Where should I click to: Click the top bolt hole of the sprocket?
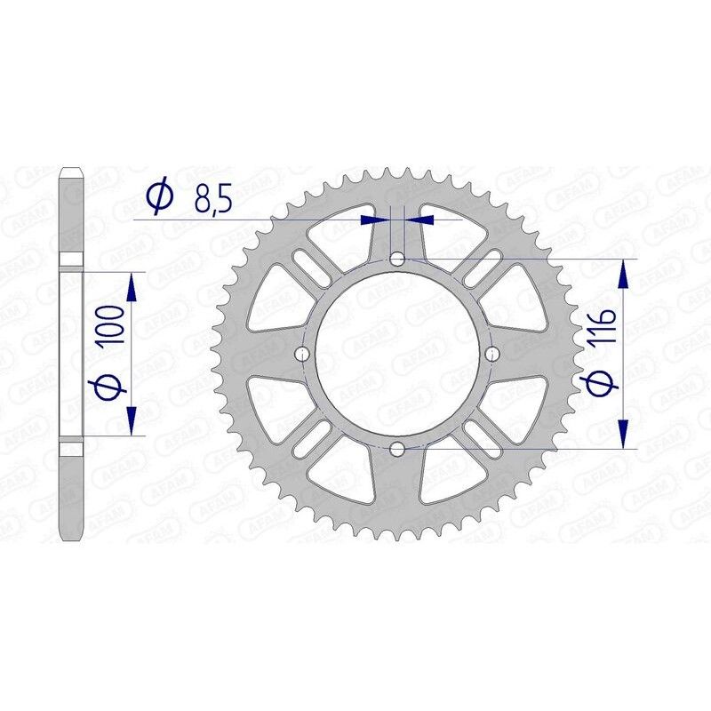click(397, 259)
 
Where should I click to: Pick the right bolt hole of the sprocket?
click(492, 354)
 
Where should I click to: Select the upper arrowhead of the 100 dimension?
click(132, 287)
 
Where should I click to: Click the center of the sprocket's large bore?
click(397, 354)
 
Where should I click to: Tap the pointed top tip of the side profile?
click(72, 169)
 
